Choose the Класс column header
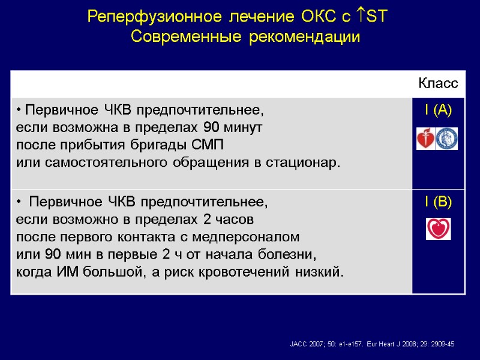(438, 84)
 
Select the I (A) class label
(438, 110)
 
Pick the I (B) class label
(438, 203)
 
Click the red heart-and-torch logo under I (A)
(427, 139)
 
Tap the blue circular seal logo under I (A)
(448, 139)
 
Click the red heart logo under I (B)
(438, 229)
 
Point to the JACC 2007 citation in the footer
(327, 344)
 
